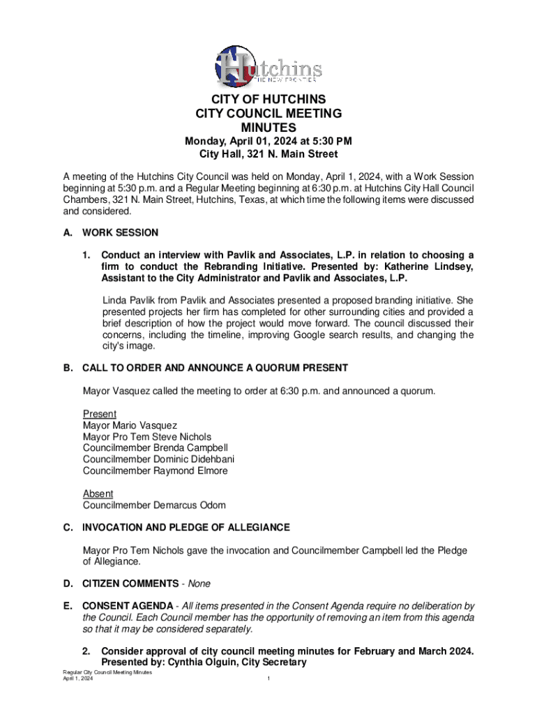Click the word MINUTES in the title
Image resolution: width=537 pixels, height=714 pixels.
tap(268, 128)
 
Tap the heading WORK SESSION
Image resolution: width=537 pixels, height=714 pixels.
tap(120, 233)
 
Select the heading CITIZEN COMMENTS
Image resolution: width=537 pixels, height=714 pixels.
tap(130, 583)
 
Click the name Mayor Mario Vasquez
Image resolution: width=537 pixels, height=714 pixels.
tap(130, 425)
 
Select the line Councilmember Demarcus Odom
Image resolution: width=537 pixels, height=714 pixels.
tap(154, 505)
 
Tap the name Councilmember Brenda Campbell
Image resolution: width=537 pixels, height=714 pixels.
tap(155, 448)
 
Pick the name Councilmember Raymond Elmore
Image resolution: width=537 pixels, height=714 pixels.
tap(155, 471)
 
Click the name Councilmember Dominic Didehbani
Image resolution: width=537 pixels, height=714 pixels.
tap(158, 459)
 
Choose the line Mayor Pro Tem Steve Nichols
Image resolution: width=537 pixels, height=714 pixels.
tap(146, 436)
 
